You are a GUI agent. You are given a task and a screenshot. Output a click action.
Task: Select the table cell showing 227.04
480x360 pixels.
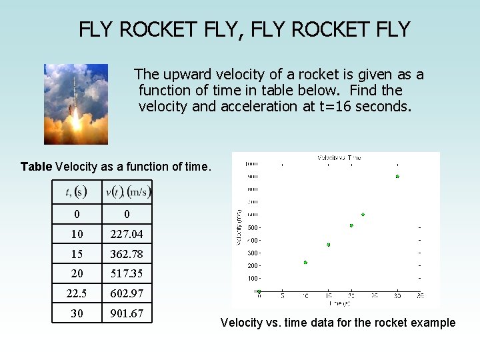127,234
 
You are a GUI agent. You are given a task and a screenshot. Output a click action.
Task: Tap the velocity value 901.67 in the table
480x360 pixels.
127,313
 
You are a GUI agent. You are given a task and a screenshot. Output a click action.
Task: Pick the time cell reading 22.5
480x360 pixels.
77,293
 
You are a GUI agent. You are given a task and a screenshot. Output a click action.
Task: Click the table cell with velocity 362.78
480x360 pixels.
127,254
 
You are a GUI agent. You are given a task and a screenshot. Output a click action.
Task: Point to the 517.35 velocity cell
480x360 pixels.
127,273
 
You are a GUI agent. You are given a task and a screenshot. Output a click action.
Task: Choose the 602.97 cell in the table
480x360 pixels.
127,293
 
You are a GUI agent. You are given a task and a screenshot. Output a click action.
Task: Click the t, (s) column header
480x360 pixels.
77,192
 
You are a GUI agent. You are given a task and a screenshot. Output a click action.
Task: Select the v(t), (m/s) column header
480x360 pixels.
127,192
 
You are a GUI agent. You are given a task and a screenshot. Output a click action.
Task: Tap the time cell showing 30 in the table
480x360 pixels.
77,313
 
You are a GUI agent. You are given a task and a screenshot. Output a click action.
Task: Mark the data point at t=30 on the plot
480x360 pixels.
397,177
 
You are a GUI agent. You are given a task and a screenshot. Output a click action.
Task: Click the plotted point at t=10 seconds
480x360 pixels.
305,263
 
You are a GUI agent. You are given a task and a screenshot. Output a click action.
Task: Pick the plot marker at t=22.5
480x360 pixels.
363,215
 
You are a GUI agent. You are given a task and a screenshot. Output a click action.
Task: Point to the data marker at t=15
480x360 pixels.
329,245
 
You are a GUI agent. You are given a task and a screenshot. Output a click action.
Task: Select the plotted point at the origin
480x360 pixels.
259,291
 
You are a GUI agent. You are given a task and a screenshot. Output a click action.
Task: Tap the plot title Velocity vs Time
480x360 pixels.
339,158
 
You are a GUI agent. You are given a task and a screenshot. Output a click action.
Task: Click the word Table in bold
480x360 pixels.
37,167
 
